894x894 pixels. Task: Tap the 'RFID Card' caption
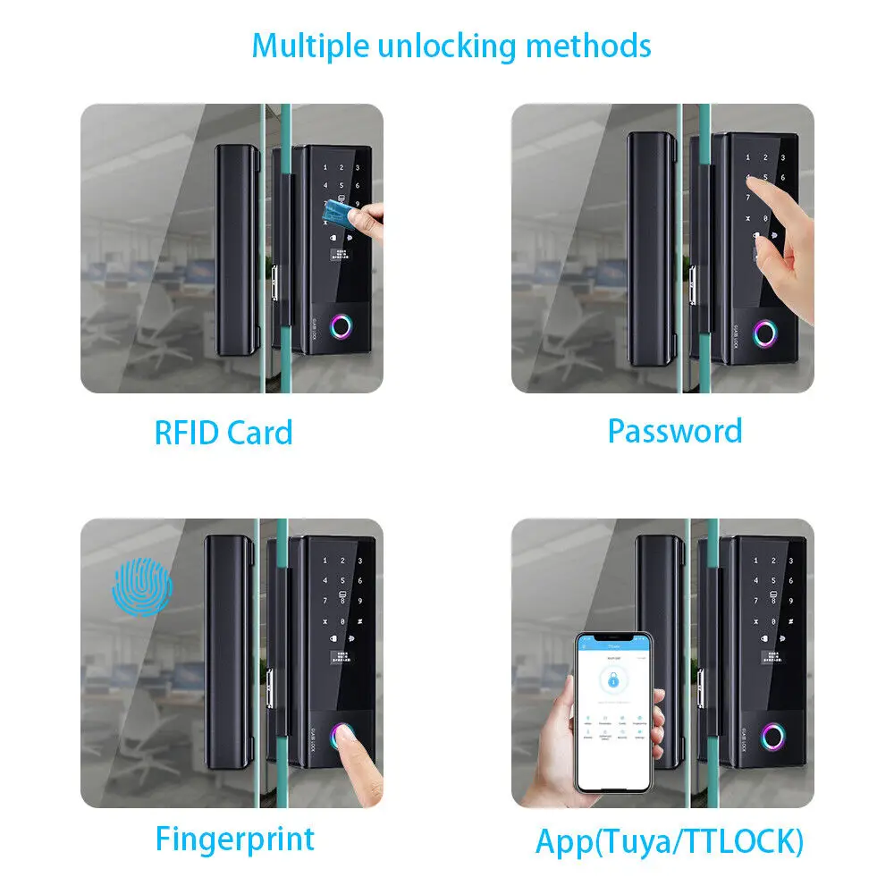pos(223,433)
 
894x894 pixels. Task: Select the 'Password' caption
pos(675,430)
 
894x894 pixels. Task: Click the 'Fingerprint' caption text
pos(235,839)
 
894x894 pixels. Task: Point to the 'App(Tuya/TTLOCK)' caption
pos(670,841)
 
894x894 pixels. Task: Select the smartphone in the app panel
pos(612,713)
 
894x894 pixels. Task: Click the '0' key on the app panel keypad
pos(768,621)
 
